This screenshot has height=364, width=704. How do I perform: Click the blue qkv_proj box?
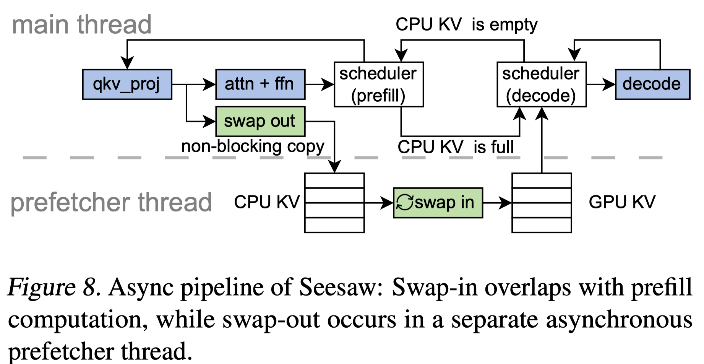point(127,84)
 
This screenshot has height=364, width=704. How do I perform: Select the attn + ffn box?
point(260,84)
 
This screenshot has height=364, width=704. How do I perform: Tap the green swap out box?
point(260,122)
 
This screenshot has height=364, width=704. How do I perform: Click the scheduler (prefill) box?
point(379,84)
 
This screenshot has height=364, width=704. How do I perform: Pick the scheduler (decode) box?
point(542,84)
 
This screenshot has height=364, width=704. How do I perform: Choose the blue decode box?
point(653,84)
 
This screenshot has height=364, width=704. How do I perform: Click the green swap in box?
point(438,203)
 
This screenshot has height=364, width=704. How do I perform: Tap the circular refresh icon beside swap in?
point(405,202)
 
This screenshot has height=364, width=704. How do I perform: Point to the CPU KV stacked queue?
point(334,203)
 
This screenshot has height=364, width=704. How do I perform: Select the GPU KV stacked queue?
point(542,203)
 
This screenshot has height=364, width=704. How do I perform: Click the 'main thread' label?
point(82,24)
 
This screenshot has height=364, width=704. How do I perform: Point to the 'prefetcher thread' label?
point(111,202)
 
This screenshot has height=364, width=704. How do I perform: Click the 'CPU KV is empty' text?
point(467,25)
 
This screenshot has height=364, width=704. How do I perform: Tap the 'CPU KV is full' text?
point(456,147)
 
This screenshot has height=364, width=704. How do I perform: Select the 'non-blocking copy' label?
point(253,146)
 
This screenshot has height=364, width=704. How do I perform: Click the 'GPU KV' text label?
point(622,202)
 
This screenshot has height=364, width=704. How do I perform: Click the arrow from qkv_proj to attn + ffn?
point(194,84)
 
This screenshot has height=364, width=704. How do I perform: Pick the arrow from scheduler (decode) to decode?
point(601,84)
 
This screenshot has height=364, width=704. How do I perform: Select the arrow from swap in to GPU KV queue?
point(497,203)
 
